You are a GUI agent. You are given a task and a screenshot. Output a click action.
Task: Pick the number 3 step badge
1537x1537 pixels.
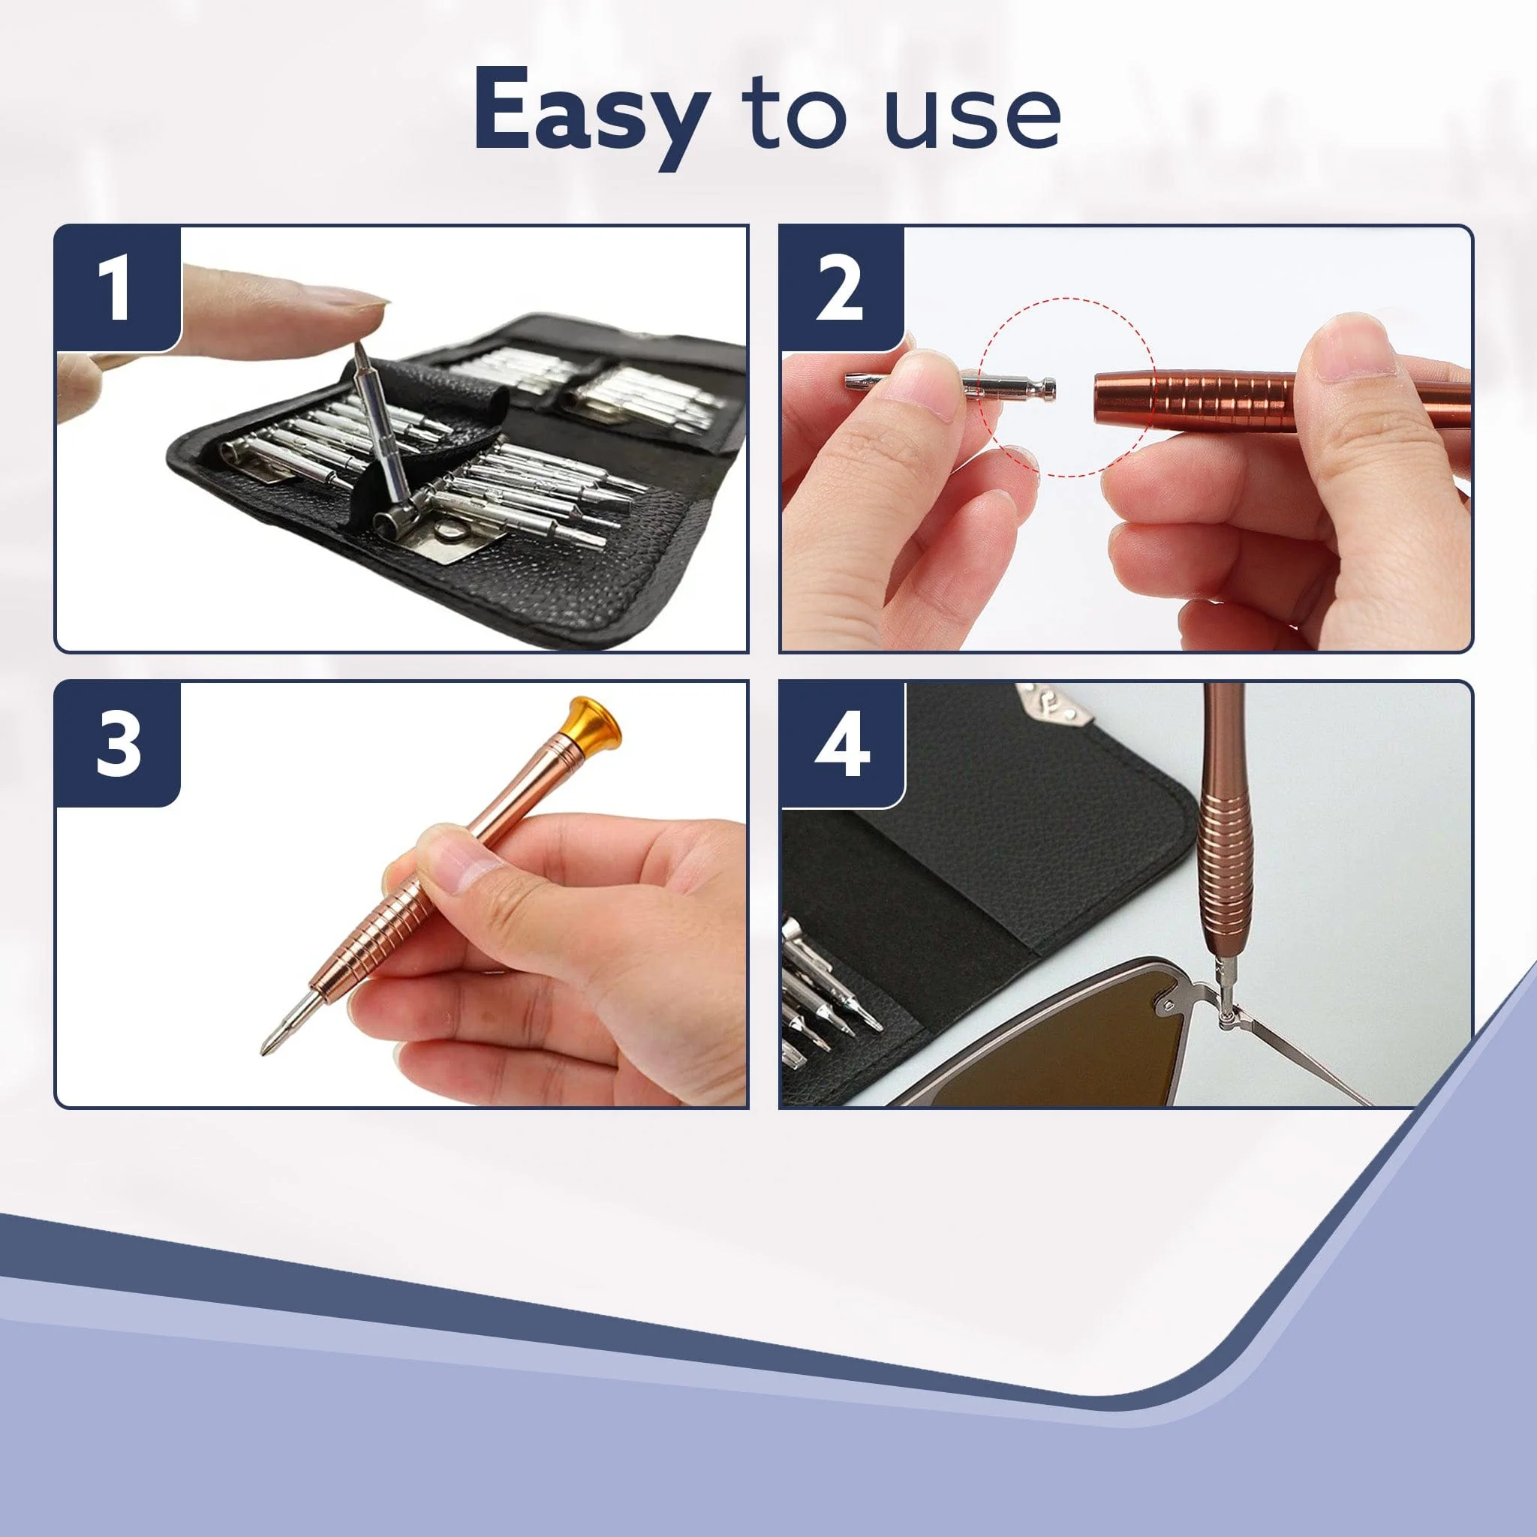tap(118, 744)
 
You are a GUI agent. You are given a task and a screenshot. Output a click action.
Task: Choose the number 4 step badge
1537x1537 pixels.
tap(842, 744)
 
